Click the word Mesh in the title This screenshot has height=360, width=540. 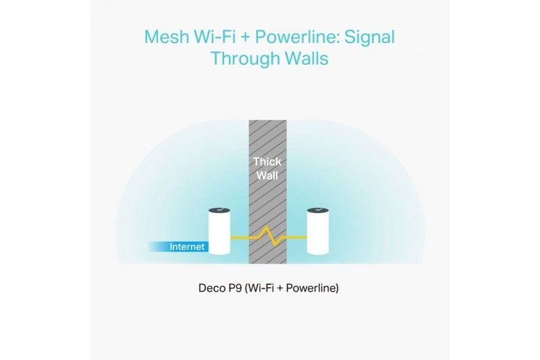166,37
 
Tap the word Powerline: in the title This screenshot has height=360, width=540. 298,37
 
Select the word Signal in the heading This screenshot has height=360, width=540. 369,38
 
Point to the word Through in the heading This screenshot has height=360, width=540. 245,59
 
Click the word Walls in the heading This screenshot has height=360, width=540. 306,58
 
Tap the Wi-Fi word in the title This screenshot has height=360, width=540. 215,37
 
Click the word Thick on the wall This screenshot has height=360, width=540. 267,161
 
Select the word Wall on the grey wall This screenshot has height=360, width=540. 267,176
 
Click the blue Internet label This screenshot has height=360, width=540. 187,247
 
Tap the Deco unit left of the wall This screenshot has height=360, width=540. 219,231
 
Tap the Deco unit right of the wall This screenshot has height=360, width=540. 318,231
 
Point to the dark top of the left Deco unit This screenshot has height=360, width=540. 219,211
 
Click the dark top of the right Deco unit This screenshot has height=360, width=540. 318,211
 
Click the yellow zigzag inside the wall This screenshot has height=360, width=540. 268,236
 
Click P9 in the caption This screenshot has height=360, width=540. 233,288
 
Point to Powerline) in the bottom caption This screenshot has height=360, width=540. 313,288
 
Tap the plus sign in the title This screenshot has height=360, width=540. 245,38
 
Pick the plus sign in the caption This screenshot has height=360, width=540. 279,288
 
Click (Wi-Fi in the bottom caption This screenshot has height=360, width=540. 259,288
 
